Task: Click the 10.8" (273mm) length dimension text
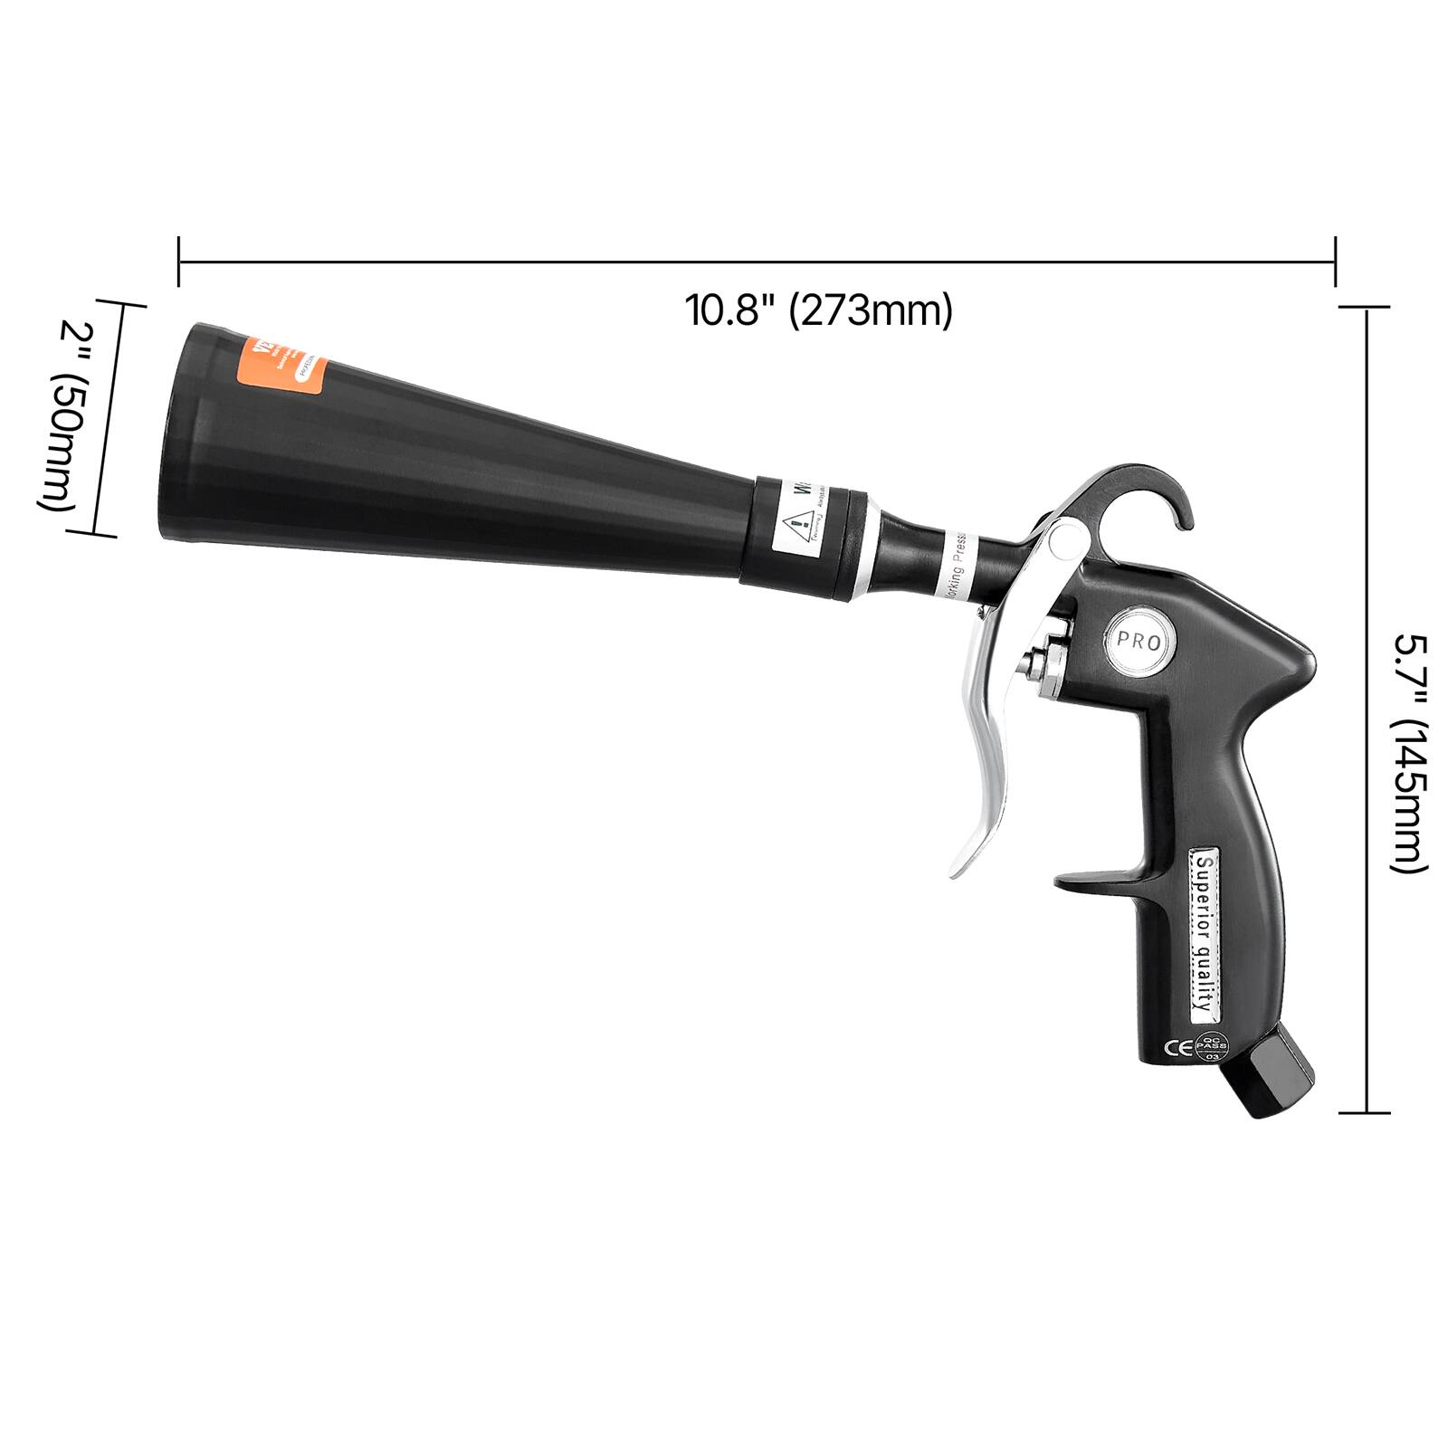click(x=818, y=311)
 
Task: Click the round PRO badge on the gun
click(x=1138, y=641)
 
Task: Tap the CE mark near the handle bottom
click(x=1177, y=1049)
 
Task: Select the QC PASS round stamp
click(x=1211, y=1048)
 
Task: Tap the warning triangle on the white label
click(x=795, y=523)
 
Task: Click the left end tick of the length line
click(x=179, y=262)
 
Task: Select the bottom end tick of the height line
click(x=1364, y=1111)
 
